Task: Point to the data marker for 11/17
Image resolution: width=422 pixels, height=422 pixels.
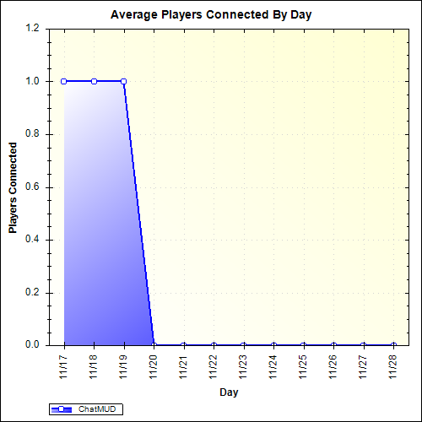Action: (64, 81)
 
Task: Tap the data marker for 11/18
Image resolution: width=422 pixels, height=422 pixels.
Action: (94, 81)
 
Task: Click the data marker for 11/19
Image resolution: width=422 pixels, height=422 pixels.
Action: (124, 81)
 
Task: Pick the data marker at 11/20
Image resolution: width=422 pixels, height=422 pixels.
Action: (154, 344)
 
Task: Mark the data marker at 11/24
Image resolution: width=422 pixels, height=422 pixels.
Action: (273, 344)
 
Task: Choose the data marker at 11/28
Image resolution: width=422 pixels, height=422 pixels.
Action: (393, 344)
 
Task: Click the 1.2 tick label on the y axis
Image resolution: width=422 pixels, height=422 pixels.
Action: (33, 29)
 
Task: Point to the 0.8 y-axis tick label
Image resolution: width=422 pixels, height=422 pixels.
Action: (33, 134)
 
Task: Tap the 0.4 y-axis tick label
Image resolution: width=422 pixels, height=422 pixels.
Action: (33, 240)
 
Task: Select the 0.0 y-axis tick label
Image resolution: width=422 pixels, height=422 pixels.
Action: (33, 345)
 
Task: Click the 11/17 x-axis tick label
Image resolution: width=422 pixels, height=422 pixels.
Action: (64, 365)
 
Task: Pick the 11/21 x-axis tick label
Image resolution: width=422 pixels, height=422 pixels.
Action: (184, 365)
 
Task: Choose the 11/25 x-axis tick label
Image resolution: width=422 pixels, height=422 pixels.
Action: (304, 365)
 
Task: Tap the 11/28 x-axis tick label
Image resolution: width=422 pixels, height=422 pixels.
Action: (393, 365)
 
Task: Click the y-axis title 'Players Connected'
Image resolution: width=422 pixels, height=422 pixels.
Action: (13, 187)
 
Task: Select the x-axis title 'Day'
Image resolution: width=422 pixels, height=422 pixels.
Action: (228, 392)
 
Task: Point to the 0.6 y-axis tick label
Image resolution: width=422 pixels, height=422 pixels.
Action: (33, 187)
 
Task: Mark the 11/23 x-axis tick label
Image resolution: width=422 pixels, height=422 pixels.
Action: (244, 365)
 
